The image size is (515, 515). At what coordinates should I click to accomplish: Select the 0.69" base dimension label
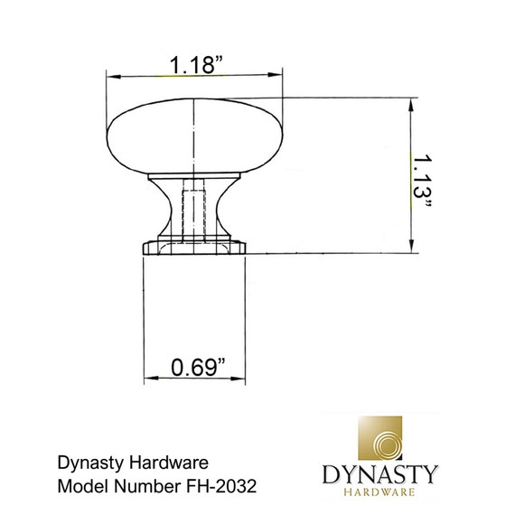pyautogui.click(x=197, y=368)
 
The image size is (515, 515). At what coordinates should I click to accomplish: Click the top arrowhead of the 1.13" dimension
pyautogui.click(x=413, y=102)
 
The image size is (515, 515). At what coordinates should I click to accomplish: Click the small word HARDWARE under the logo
pyautogui.click(x=379, y=492)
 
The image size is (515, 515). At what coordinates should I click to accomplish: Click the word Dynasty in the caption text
pyautogui.click(x=86, y=463)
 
